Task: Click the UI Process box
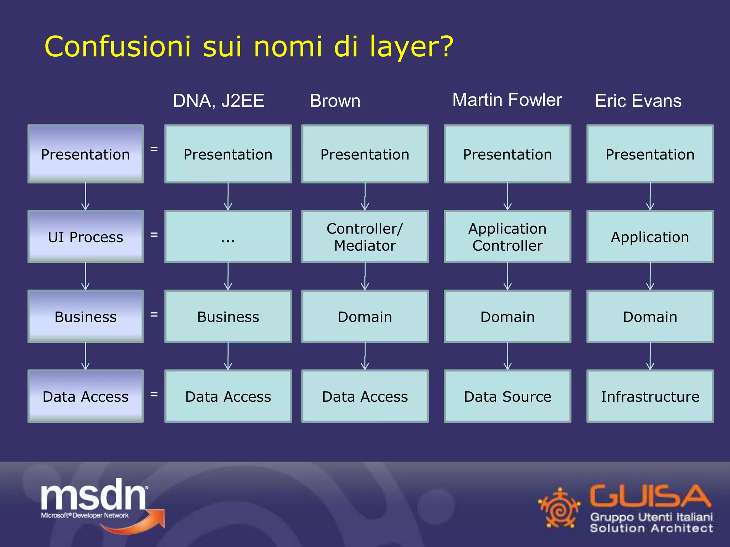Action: pos(86,237)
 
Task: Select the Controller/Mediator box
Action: pos(365,237)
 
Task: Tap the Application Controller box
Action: pos(507,237)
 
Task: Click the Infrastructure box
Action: pos(650,396)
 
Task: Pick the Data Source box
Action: pos(507,396)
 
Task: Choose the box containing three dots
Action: pos(228,237)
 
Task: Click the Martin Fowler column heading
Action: pos(507,100)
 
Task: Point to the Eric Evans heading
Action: pos(638,101)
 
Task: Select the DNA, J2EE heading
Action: pos(219,101)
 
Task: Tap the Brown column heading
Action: pos(335,101)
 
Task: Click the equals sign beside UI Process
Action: pos(154,235)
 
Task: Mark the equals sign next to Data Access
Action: pos(154,394)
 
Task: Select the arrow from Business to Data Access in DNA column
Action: pos(228,356)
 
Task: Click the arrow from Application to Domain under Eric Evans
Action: pos(650,276)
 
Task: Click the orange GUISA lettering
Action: pos(649,496)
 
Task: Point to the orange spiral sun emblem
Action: pos(559,509)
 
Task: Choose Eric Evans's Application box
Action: pos(650,237)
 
